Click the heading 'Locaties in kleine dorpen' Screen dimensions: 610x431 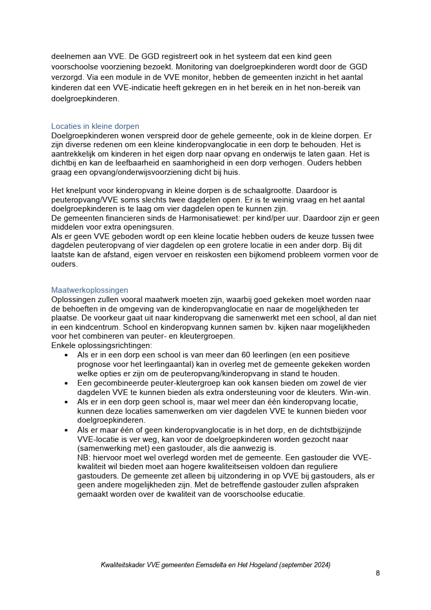pyautogui.click(x=95, y=126)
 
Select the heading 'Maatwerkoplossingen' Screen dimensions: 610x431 pyautogui.click(x=90, y=290)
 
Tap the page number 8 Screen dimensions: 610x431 pyautogui.click(x=378, y=573)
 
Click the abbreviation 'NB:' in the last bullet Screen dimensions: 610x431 pyautogui.click(x=84, y=458)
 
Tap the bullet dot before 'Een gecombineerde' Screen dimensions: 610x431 pyautogui.click(x=66, y=383)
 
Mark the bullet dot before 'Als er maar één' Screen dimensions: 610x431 pyautogui.click(x=66, y=430)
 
